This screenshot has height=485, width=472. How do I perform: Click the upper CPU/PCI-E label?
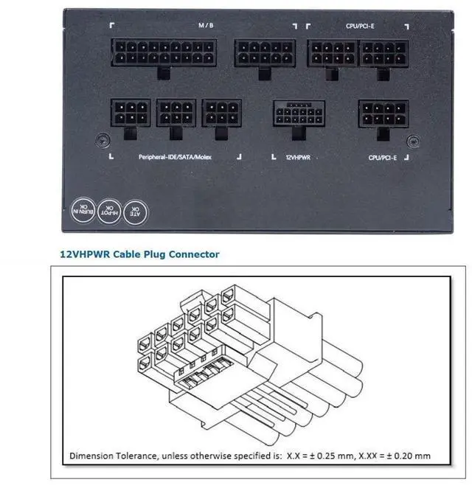(x=360, y=25)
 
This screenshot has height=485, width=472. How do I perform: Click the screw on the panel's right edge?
(x=415, y=139)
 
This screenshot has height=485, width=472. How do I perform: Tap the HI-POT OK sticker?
(x=108, y=211)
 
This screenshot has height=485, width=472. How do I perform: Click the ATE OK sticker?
(x=135, y=211)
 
